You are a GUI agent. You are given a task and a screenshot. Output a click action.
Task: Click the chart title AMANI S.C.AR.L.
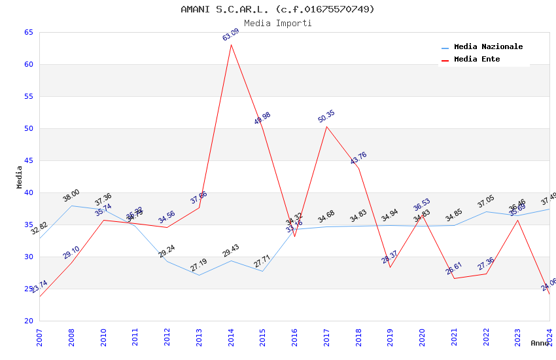click(x=278, y=9)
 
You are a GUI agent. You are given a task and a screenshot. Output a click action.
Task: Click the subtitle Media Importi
click(x=278, y=23)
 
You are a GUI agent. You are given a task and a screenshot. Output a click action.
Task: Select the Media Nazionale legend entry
click(x=488, y=46)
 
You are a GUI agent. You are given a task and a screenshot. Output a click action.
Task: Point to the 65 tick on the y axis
click(x=28, y=32)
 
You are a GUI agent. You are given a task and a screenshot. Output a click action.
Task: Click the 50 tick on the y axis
click(x=28, y=128)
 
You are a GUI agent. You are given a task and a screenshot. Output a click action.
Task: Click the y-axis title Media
click(x=19, y=177)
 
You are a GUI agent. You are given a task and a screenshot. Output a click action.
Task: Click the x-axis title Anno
click(x=540, y=343)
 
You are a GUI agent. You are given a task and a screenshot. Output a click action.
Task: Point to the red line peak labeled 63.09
click(x=231, y=45)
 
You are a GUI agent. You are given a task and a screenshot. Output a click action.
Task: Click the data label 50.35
click(x=326, y=117)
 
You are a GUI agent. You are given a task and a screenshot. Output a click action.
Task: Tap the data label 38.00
click(x=71, y=195)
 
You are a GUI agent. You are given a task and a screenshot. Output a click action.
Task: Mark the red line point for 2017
click(x=326, y=126)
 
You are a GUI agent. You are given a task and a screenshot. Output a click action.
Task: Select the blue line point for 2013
click(x=199, y=275)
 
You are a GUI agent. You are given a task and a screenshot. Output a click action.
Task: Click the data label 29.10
click(x=71, y=253)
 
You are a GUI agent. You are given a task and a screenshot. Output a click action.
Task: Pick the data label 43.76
click(x=358, y=158)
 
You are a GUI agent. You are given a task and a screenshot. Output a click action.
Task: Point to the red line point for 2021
click(x=454, y=278)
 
